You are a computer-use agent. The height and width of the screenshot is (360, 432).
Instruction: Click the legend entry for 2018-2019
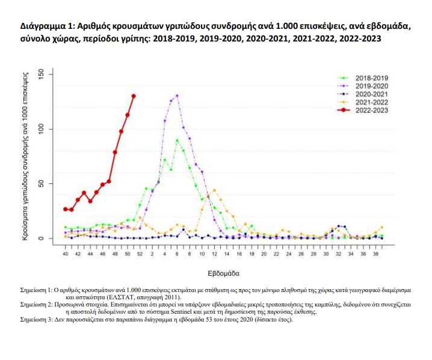371,78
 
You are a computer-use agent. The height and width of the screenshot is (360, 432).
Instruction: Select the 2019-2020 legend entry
371,87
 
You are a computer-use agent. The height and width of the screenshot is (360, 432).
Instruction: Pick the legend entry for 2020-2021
371,94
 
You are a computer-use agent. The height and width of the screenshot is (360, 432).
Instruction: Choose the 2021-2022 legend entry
371,102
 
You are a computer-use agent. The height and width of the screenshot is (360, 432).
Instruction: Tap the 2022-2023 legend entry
371,110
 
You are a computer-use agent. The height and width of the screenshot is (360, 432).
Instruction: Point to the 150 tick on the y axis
41,74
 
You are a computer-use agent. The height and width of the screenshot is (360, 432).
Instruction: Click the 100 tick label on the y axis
41,129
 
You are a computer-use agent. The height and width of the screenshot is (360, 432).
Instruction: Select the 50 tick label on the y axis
41,184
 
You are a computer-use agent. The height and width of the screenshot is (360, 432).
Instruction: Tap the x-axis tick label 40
66,254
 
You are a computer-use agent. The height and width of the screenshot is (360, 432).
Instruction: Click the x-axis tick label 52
140,254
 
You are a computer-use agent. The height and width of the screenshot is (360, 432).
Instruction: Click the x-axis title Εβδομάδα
224,272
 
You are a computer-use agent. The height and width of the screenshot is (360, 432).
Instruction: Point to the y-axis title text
26,156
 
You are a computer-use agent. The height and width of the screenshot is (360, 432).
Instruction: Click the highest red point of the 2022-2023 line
134,96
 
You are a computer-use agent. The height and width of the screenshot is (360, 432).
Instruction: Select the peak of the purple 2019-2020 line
177,96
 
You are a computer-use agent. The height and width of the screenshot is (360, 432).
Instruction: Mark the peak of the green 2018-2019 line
177,140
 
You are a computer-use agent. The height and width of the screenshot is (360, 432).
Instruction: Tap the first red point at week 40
66,209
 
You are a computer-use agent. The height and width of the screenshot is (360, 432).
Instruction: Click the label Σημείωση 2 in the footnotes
37,305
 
